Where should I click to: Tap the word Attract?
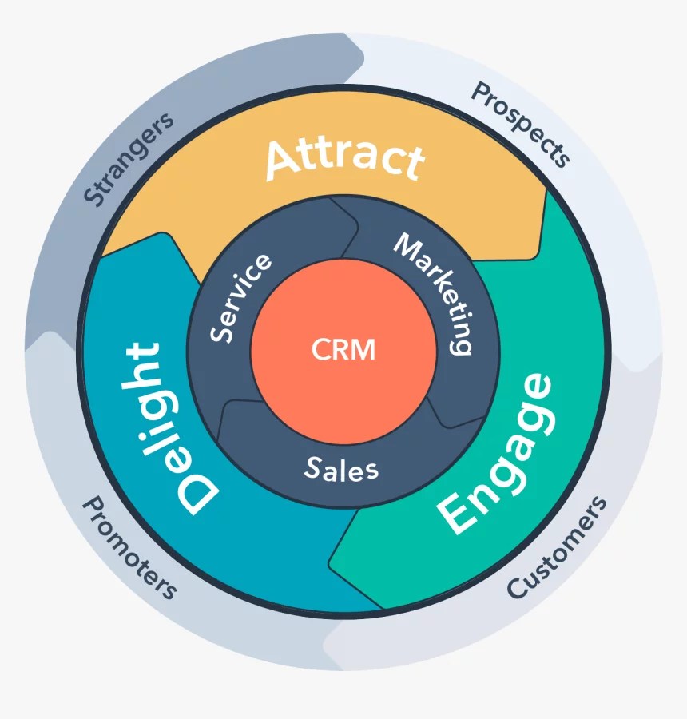pos(344,157)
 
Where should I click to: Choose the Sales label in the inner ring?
pos(342,469)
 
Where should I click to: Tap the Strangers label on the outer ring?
pos(128,160)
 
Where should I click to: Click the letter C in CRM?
pos(319,349)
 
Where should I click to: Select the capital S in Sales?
pos(312,468)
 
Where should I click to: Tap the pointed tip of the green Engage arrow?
pos(332,563)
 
